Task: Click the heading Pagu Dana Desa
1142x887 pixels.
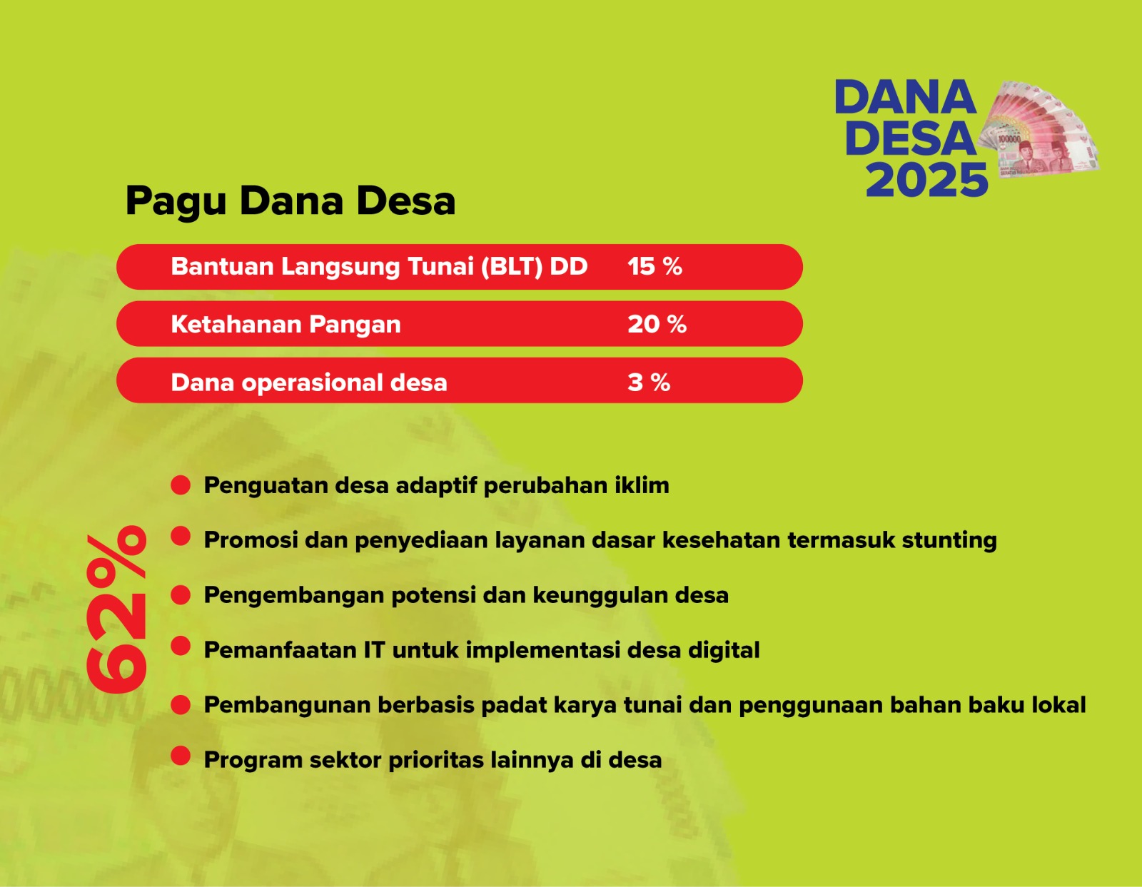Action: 290,202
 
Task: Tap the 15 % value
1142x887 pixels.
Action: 655,267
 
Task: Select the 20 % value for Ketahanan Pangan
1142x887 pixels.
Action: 657,324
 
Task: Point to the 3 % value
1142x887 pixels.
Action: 649,382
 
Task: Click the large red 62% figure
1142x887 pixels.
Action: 116,609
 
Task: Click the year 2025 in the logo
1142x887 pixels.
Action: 927,180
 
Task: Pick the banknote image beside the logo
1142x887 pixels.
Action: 1038,128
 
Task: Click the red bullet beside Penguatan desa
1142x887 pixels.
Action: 181,485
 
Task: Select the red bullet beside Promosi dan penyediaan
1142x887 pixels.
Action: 181,536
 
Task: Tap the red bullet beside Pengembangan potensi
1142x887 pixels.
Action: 181,595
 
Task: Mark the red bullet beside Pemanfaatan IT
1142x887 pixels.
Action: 181,646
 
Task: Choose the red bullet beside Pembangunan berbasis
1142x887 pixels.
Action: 181,705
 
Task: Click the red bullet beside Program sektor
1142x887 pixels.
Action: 181,756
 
